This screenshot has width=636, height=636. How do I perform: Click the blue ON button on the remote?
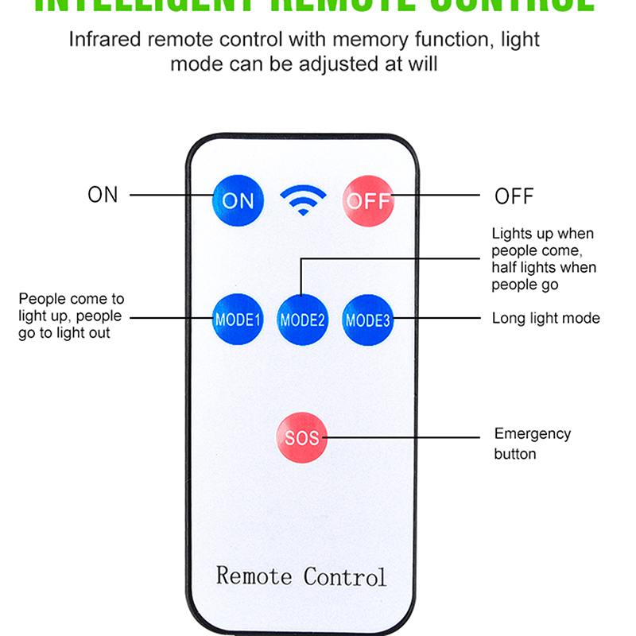(237, 200)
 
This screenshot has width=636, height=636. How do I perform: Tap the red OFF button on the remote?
(367, 200)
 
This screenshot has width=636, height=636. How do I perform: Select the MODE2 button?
(302, 320)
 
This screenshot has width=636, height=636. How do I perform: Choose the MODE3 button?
(367, 320)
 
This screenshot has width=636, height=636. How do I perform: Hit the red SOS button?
(301, 438)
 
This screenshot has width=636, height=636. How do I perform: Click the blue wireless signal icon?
(303, 200)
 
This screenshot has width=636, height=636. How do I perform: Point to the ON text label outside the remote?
(103, 195)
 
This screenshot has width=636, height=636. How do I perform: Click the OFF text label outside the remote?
(514, 196)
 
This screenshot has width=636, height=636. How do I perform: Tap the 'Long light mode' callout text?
(545, 318)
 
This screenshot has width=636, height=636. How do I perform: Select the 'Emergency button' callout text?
(533, 444)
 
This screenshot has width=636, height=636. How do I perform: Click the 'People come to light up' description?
(71, 316)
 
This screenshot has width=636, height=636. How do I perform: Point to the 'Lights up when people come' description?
(543, 258)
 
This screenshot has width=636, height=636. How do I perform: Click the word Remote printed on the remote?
(254, 576)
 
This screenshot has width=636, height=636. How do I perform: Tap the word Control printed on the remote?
(345, 576)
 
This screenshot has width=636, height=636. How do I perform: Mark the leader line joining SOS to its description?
(405, 437)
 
